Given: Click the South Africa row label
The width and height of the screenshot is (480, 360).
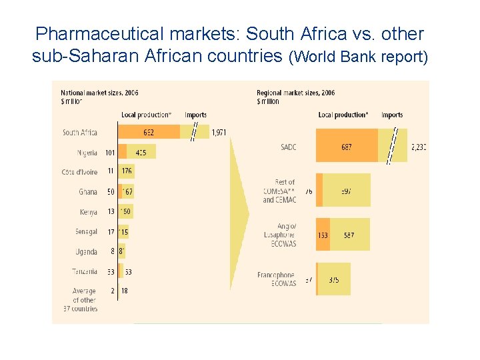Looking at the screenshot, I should [x=79, y=132].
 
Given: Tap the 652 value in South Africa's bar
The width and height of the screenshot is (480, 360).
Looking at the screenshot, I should [x=148, y=132].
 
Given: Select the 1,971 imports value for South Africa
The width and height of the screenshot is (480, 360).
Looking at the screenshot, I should [x=219, y=132].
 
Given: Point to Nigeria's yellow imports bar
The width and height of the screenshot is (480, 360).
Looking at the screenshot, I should [x=141, y=153].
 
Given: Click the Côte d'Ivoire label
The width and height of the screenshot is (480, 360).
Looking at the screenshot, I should [x=79, y=172].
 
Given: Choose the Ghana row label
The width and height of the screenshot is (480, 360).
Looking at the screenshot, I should [x=87, y=192].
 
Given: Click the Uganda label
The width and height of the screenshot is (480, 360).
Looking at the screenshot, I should [x=86, y=252].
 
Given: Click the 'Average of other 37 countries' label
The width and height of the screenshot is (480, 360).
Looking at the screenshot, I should [x=84, y=300].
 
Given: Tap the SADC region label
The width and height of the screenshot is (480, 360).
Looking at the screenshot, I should [x=289, y=147].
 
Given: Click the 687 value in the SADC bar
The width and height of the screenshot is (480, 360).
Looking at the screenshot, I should [x=346, y=147].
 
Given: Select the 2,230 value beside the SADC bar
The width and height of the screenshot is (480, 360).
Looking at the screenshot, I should [x=419, y=147].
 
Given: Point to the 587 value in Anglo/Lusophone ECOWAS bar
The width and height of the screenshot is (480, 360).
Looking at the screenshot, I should [x=349, y=235].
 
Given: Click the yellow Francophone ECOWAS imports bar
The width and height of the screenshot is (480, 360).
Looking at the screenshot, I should [x=335, y=280].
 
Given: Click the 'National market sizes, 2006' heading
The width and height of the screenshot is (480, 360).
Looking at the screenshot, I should [x=99, y=93].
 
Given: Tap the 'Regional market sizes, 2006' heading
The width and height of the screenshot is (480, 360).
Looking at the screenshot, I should [x=295, y=93].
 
